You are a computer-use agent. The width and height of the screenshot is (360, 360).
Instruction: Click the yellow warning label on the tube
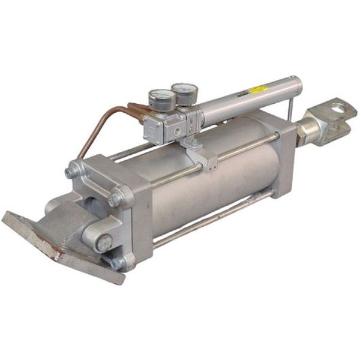[258, 89]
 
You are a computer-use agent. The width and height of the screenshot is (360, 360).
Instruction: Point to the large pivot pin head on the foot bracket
[103, 243]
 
